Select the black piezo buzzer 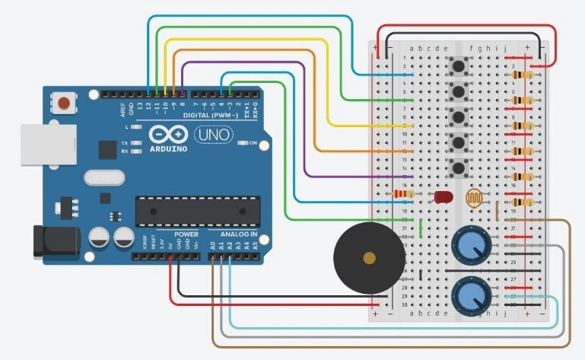[369, 259]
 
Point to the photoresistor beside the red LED [474, 199]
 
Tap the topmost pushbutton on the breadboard [459, 67]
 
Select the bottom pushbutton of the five [459, 167]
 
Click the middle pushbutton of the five [459, 117]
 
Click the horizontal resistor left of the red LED [405, 195]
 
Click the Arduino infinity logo [168, 134]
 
